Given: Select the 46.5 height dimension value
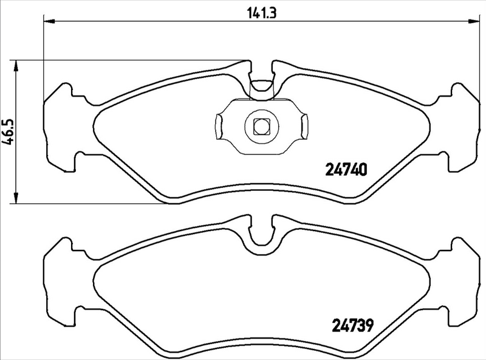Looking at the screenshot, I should coord(8,131).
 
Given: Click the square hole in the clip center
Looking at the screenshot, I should coord(261,126).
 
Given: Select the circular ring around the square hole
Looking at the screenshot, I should coord(250,126).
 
